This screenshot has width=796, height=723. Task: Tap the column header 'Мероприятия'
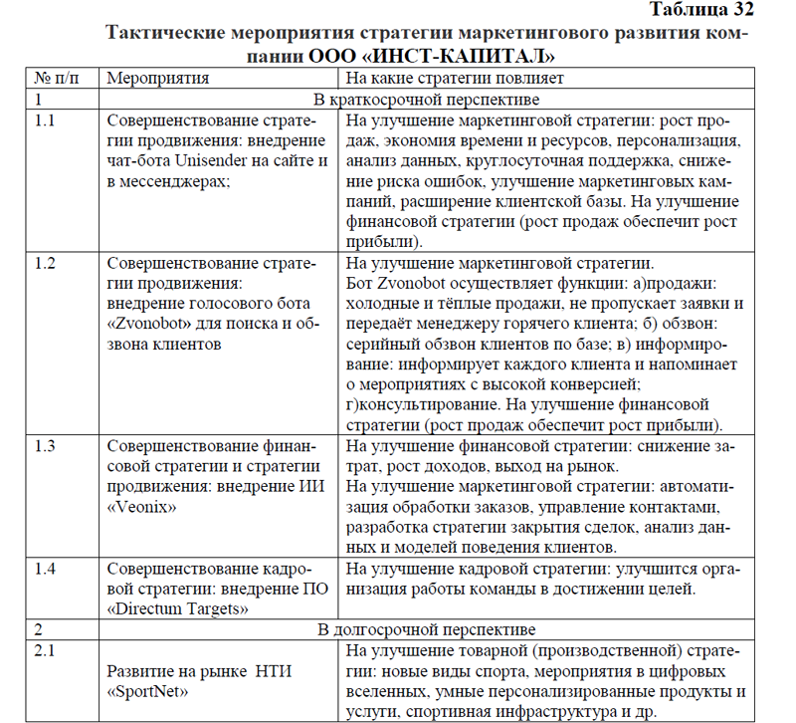click(x=157, y=77)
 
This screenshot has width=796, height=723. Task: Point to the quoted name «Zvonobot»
click(x=149, y=324)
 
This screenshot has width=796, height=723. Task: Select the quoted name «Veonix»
click(x=141, y=506)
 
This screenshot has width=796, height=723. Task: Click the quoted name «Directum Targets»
click(x=178, y=607)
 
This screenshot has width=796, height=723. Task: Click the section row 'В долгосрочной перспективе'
click(x=427, y=629)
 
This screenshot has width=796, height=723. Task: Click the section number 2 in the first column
click(x=38, y=629)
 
